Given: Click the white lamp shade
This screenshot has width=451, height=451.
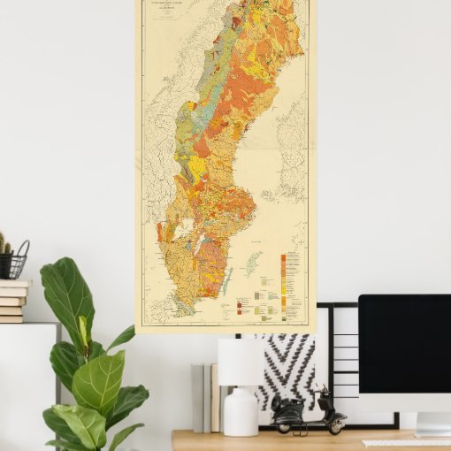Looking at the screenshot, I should click(x=241, y=362).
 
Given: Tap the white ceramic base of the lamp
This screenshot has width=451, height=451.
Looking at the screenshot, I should click(x=241, y=411).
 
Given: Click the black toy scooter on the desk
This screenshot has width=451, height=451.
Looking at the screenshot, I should click(x=308, y=414).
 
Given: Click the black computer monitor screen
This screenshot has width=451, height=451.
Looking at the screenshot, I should click(x=404, y=344).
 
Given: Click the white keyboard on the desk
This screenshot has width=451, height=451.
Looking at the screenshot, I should click(x=407, y=441).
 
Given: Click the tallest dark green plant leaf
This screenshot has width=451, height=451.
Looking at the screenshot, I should click(x=66, y=291).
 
